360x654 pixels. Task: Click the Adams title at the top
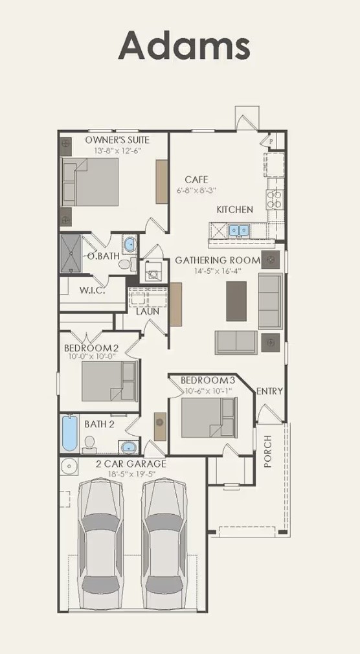pos(184,46)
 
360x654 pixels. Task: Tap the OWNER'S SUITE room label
pos(117,140)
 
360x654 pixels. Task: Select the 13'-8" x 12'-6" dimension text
pos(117,150)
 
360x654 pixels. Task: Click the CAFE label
pos(196,179)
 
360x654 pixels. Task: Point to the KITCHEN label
pos(234,210)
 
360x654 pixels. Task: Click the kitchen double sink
pos(240,230)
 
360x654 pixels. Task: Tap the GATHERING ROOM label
pos(218,260)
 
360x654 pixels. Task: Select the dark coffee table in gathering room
pos(236,301)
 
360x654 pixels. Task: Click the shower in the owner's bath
pos(73,254)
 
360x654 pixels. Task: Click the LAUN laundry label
pos(148,311)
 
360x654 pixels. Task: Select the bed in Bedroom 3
pos(208,417)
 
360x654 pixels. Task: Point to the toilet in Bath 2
pos(90,444)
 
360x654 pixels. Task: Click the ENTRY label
pos(269,391)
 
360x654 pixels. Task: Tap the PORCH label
pos(268,451)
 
